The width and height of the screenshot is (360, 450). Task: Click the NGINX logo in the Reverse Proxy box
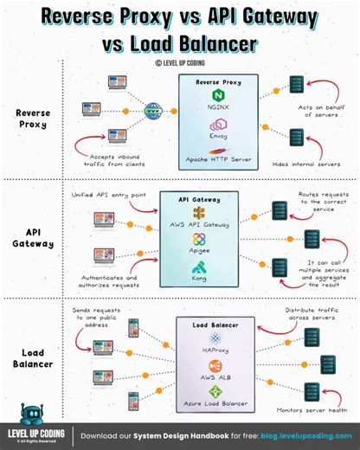tap(217, 93)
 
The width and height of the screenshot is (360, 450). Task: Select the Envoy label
tap(217, 137)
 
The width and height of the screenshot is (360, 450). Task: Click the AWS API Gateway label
tap(199, 224)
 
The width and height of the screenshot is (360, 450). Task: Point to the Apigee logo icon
tap(199, 238)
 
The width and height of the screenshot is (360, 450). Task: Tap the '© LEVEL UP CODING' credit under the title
tap(179, 62)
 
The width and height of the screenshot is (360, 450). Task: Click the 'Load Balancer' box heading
tap(216, 326)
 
